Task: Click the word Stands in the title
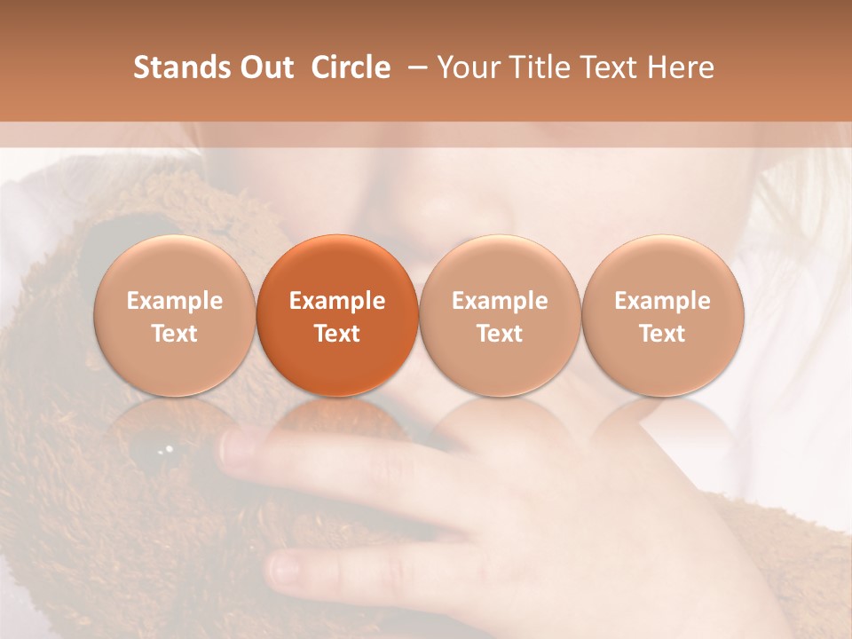point(180,67)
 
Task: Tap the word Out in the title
point(264,67)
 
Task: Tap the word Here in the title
point(682,67)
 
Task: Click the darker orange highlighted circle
point(337,316)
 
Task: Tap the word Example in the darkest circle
point(337,301)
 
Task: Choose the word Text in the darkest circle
point(337,334)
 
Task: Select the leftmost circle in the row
point(175,316)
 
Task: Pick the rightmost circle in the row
point(662,316)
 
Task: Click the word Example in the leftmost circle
point(175,301)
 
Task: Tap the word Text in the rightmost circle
point(662,334)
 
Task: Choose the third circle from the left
point(500,316)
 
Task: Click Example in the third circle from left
point(500,301)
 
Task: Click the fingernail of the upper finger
point(238,448)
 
